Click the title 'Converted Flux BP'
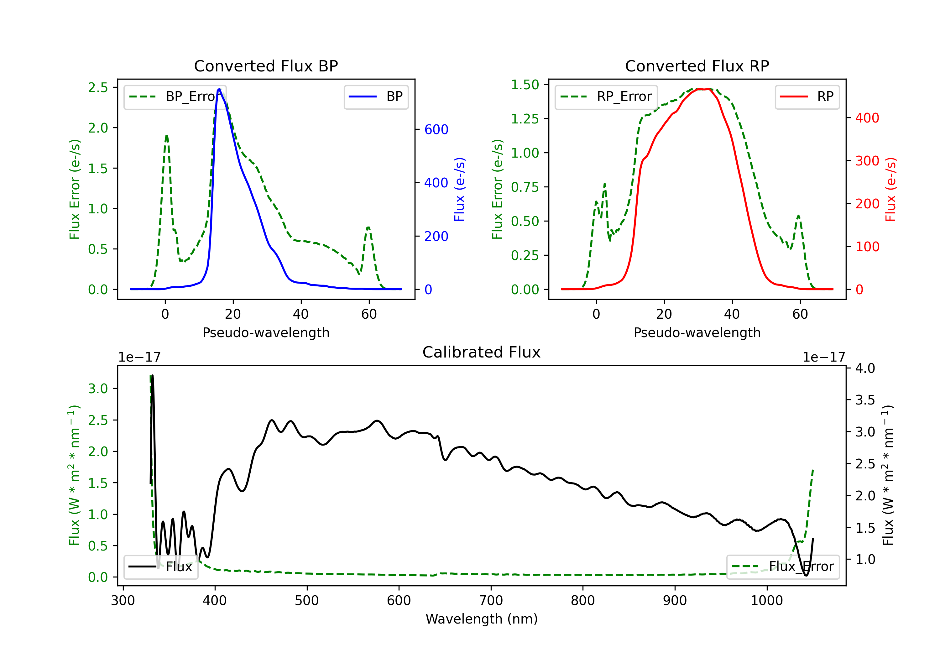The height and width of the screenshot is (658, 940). tap(266, 66)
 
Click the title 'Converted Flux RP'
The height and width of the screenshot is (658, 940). tap(697, 66)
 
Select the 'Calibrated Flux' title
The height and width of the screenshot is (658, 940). tap(482, 352)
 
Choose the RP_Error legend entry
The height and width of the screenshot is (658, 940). tap(606, 97)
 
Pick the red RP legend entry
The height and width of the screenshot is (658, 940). tap(807, 97)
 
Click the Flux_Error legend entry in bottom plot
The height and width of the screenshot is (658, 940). tap(782, 567)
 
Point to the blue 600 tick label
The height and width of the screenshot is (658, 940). tap(436, 129)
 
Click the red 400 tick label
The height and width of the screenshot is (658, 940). tap(867, 118)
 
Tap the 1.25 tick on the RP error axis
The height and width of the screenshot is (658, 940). tap(525, 119)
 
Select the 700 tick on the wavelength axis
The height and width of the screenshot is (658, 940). tap(491, 600)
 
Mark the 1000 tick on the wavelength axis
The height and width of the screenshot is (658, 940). tap(767, 600)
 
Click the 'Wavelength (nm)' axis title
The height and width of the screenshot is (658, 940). tap(482, 619)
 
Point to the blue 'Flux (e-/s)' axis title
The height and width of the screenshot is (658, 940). tap(459, 189)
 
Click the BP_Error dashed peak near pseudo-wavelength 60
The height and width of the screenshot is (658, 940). tap(368, 227)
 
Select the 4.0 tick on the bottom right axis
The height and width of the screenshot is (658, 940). tap(865, 368)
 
